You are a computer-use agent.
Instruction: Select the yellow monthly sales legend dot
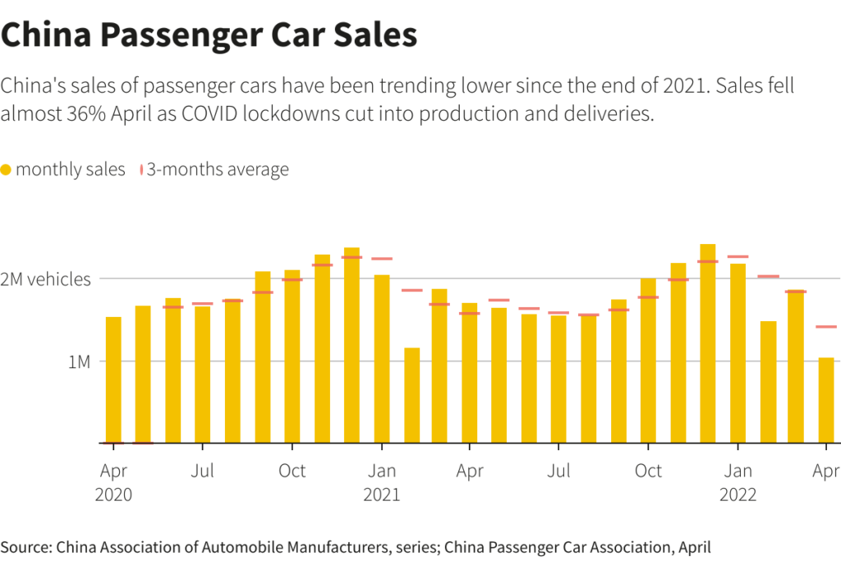pyautogui.click(x=7, y=170)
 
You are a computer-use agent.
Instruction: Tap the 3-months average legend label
pyautogui.click(x=218, y=170)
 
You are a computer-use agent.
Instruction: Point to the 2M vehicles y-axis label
pyautogui.click(x=46, y=279)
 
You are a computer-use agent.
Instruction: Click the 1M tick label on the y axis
pyautogui.click(x=79, y=361)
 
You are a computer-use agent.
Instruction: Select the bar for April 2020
pyautogui.click(x=113, y=380)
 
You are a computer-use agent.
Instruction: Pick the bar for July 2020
pyautogui.click(x=203, y=375)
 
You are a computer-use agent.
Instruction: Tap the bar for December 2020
pyautogui.click(x=352, y=345)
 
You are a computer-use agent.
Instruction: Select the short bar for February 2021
pyautogui.click(x=411, y=395)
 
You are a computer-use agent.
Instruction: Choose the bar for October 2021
pyautogui.click(x=648, y=361)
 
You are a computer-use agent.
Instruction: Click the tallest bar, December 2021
pyautogui.click(x=708, y=343)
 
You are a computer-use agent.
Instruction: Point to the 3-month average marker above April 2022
pyautogui.click(x=826, y=327)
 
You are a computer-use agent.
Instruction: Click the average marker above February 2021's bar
pyautogui.click(x=411, y=290)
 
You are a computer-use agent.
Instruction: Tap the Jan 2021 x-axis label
pyautogui.click(x=381, y=482)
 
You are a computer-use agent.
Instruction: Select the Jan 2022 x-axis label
pyautogui.click(x=738, y=482)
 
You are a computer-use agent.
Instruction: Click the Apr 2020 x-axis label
pyautogui.click(x=113, y=482)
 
